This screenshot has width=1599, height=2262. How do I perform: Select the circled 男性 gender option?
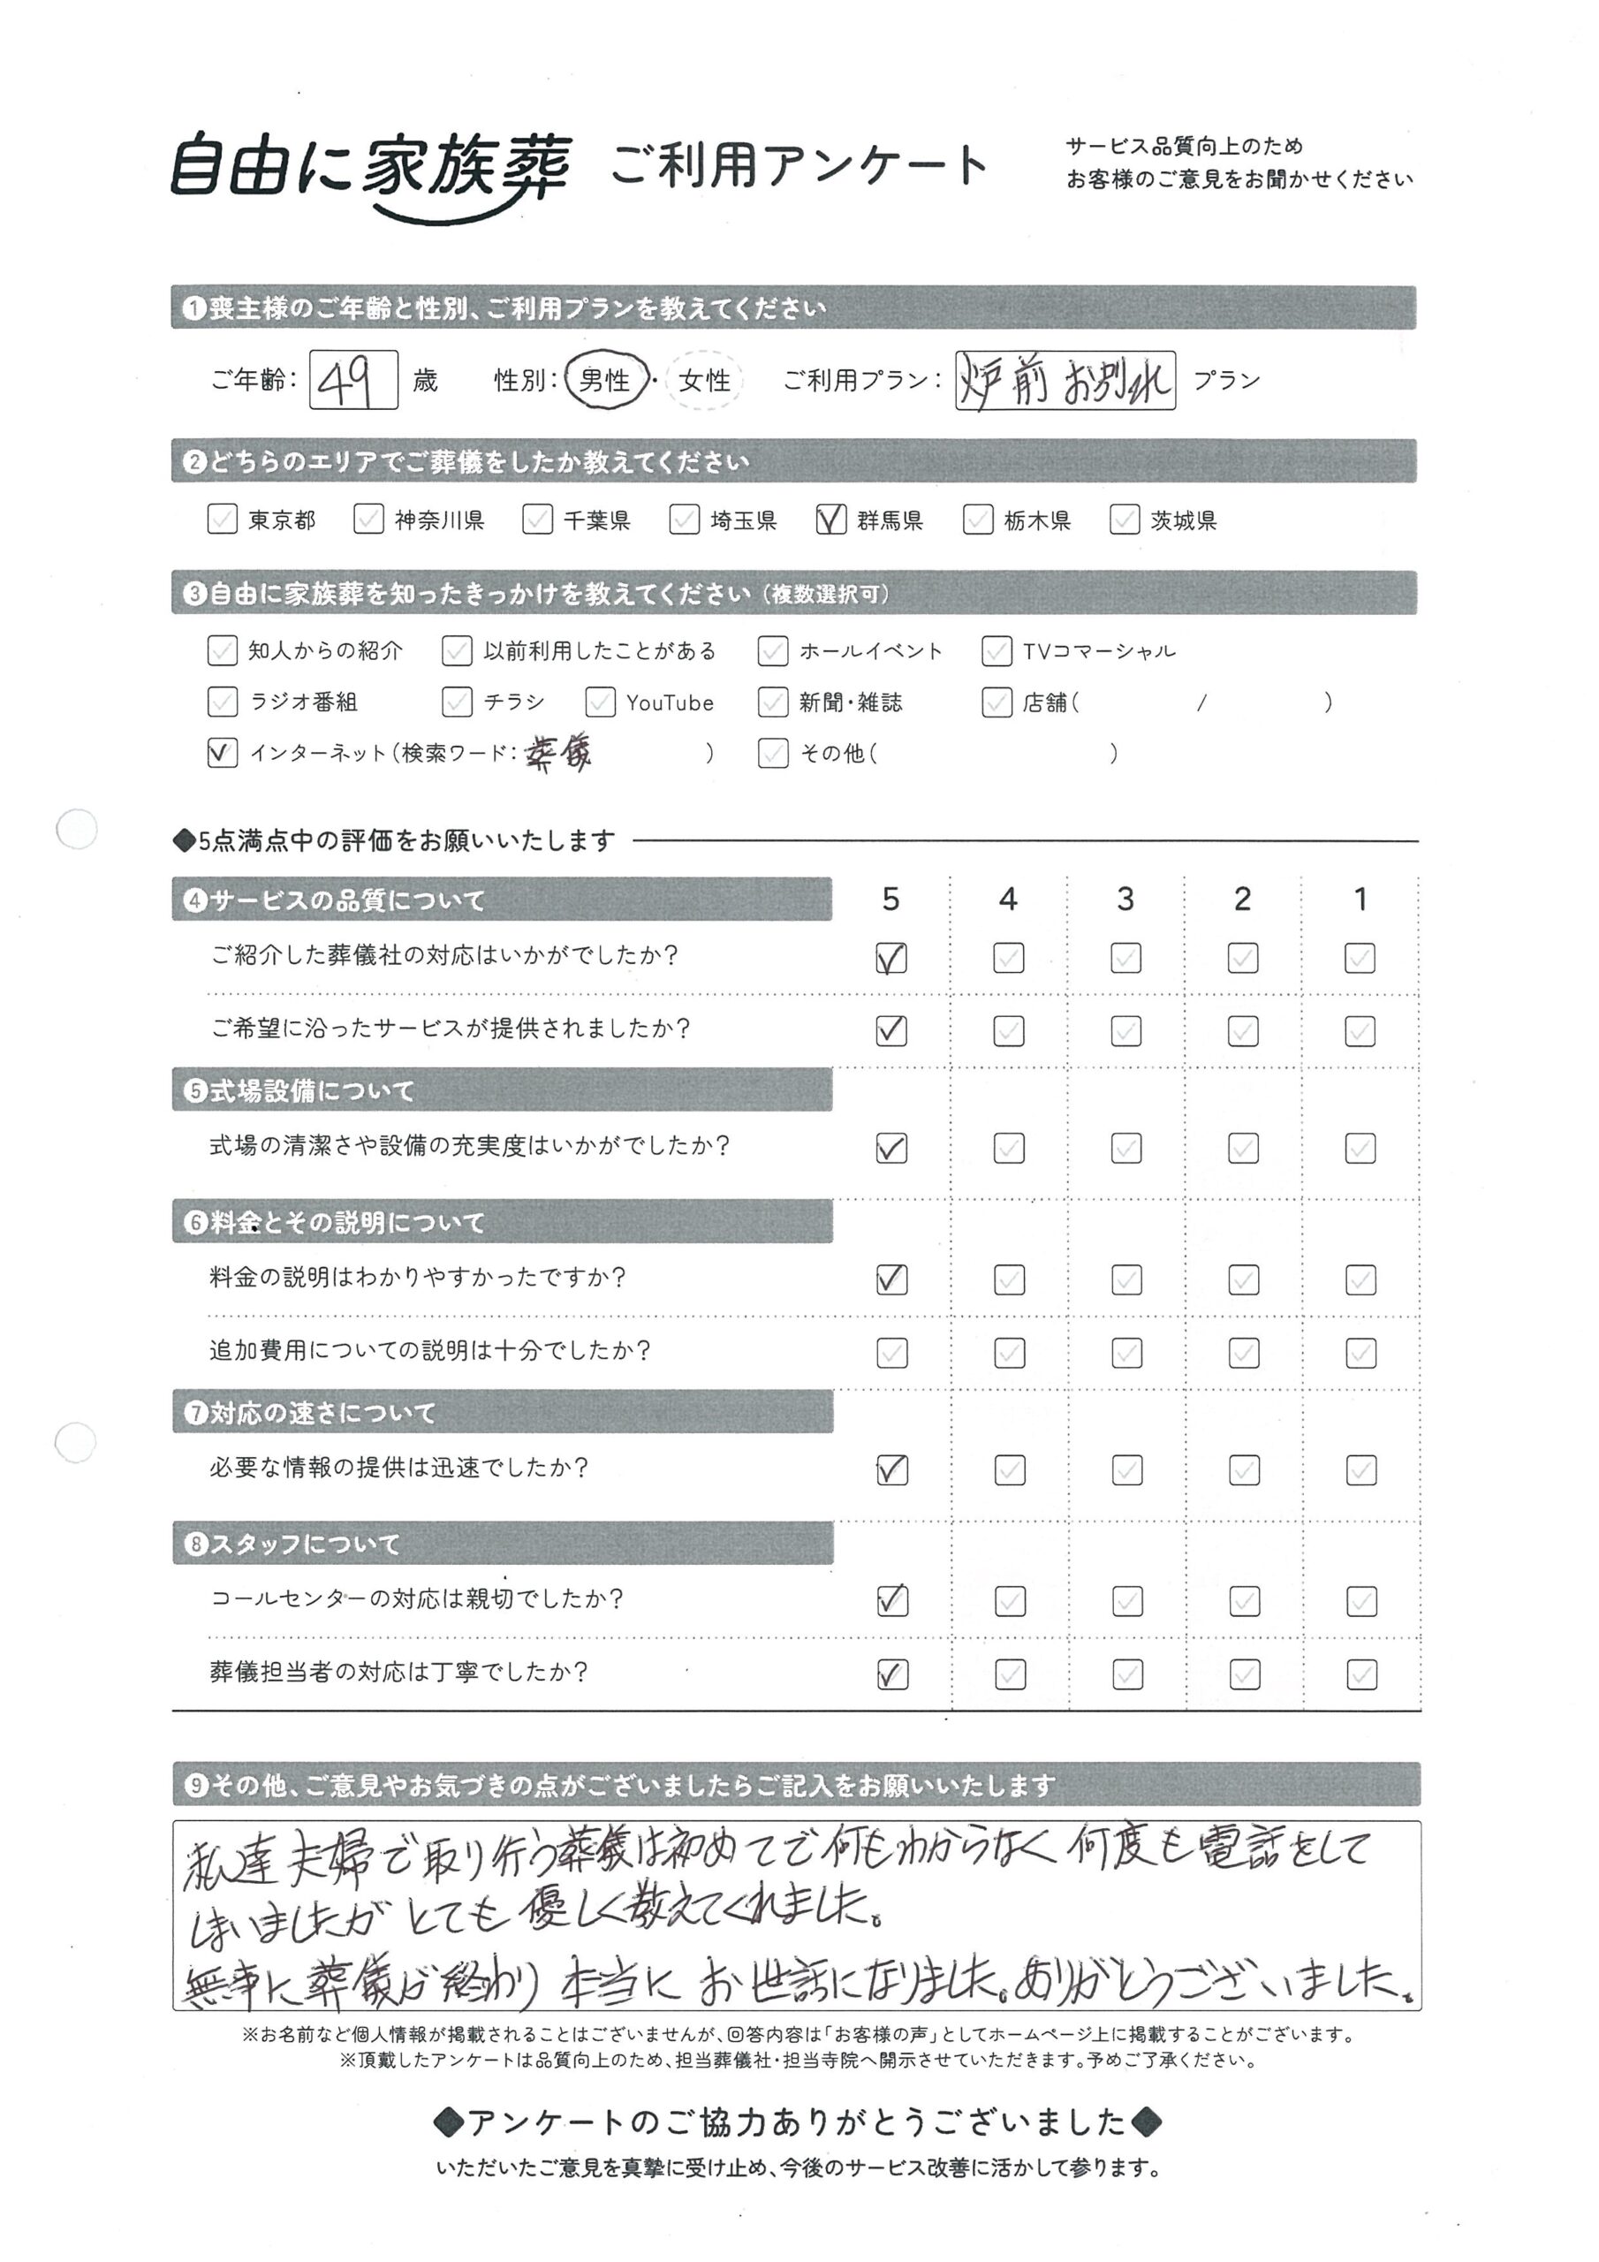tap(605, 379)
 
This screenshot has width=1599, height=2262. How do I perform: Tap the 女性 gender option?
tap(704, 380)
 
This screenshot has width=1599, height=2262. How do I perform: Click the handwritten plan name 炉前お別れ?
tap(1064, 380)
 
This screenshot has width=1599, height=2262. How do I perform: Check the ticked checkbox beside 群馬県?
tap(830, 520)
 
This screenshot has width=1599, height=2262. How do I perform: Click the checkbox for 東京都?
tap(223, 520)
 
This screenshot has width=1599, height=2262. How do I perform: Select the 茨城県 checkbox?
tap(1124, 520)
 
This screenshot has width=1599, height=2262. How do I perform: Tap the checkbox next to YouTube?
tap(600, 702)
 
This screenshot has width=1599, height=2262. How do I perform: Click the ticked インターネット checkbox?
tap(223, 753)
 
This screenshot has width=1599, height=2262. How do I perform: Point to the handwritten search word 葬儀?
tap(558, 753)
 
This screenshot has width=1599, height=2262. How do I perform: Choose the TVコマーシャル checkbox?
tap(996, 650)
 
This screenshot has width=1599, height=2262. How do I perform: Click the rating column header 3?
tap(1125, 899)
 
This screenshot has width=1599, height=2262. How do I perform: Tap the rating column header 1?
tap(1360, 899)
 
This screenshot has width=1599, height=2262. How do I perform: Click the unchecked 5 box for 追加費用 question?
tap(891, 1353)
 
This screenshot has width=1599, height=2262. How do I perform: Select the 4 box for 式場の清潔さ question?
tap(1009, 1148)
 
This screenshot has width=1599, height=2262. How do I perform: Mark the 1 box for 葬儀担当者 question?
tap(1360, 1674)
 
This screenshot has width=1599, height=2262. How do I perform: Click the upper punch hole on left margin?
tap(76, 829)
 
